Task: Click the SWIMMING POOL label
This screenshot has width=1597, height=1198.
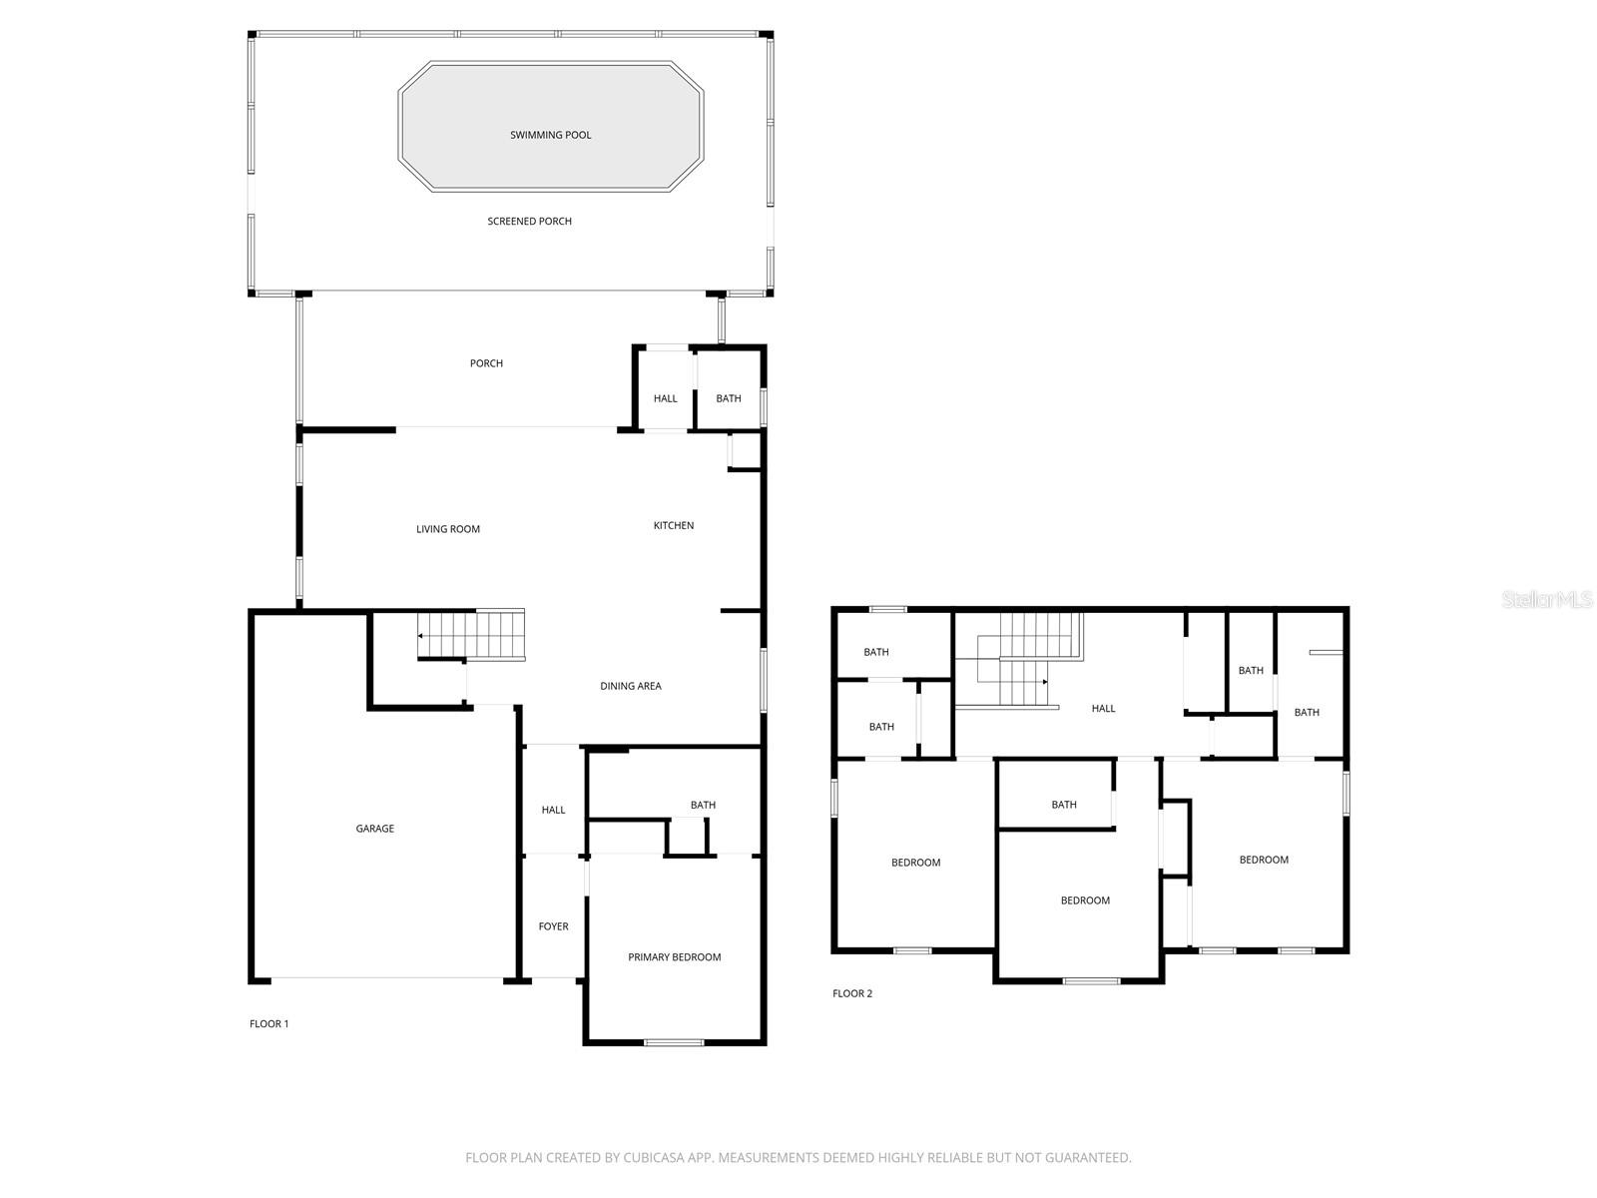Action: (550, 135)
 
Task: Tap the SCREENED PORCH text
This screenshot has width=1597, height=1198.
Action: (529, 221)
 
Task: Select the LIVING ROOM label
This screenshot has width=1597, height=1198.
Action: (447, 529)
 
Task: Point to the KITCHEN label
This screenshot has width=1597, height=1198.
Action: (673, 525)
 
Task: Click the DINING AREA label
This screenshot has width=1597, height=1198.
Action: (630, 686)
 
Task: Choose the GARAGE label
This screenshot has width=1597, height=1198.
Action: (374, 829)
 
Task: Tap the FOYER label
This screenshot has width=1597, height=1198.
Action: (553, 926)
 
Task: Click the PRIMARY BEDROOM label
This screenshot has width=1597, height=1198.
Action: (674, 957)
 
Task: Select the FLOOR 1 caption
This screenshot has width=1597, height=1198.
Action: (268, 1023)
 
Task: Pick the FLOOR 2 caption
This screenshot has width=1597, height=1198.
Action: (852, 993)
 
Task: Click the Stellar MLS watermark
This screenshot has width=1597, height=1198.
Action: (1546, 599)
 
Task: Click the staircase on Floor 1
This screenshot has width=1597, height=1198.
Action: (471, 635)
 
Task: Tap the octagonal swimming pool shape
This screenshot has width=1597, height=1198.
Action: (550, 127)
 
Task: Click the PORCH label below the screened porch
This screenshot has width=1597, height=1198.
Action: (486, 363)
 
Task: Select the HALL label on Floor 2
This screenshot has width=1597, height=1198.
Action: (1103, 708)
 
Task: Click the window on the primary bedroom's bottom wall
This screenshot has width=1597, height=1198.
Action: (674, 1042)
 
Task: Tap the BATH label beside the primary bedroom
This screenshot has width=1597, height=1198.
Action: (703, 805)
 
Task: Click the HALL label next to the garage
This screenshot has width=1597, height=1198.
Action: (553, 810)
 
